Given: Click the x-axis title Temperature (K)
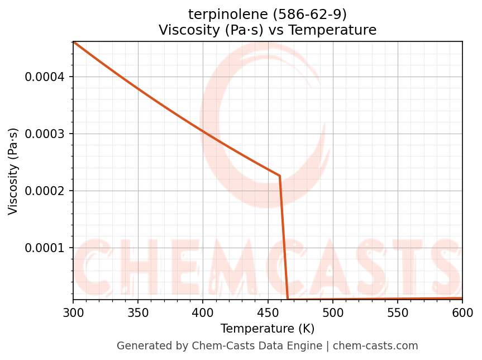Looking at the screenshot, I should coord(268,328).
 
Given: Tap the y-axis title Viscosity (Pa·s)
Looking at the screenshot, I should coord(13,171).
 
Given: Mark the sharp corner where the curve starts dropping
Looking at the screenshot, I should coord(279,176).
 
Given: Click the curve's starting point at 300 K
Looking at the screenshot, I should coord(74,42).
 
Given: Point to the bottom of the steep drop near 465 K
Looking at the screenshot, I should coord(288,299).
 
